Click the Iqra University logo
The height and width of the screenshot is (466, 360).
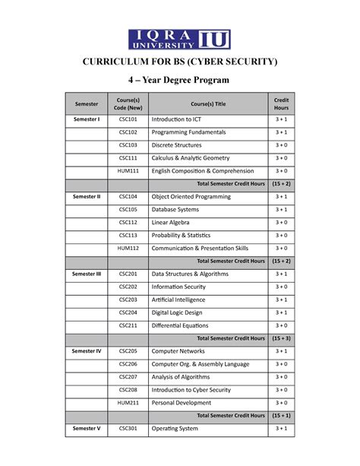coord(180,40)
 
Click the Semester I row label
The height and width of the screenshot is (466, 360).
coord(87,119)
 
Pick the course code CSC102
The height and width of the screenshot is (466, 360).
coord(128,132)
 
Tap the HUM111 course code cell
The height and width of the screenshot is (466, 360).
coord(128,171)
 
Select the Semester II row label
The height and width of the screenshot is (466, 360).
coord(87,197)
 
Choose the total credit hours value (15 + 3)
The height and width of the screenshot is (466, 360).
coord(281,338)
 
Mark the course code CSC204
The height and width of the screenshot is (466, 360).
coord(128,312)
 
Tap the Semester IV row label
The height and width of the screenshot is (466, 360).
coord(87,351)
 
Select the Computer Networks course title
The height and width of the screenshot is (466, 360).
coord(178,351)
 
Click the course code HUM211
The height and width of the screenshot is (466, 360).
coord(128,403)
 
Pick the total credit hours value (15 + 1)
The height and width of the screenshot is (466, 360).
coord(281,416)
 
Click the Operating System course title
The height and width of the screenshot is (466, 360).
coord(175,429)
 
